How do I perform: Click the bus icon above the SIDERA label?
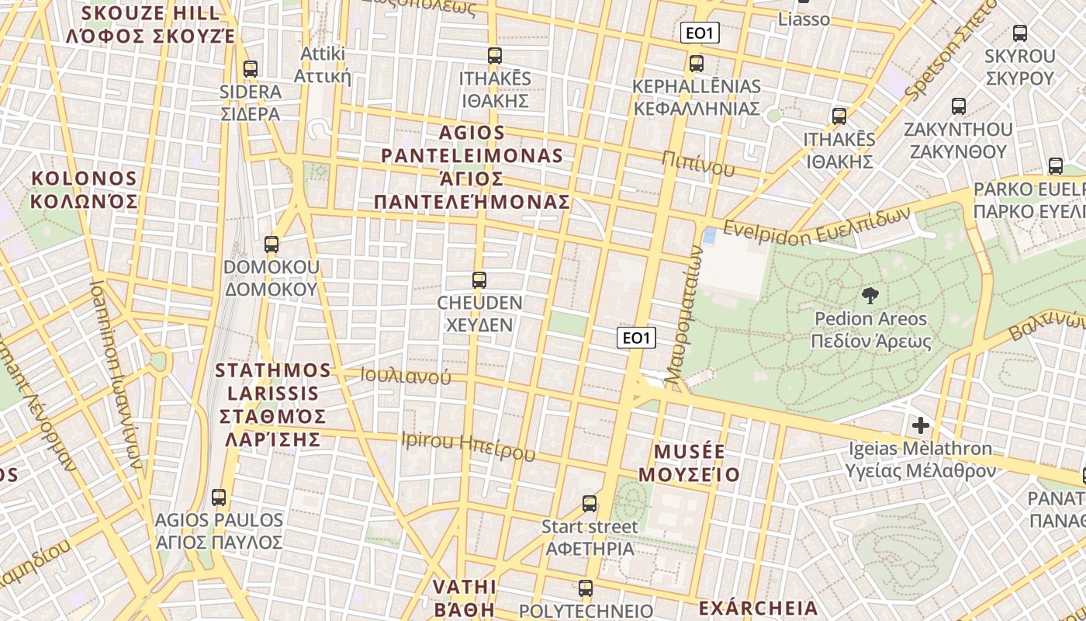250,68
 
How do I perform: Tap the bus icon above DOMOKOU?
271,244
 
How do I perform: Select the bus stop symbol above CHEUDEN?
479,279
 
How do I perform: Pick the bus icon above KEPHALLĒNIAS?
696,63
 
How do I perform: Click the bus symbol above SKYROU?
1019,33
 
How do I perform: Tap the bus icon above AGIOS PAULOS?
219,497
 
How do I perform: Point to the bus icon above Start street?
590,504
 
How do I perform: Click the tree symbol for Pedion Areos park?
870,295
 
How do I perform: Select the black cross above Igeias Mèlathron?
921,425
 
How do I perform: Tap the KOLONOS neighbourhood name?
84,190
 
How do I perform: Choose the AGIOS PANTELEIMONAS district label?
472,168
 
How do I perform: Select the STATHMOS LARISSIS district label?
272,404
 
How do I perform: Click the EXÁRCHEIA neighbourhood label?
758,608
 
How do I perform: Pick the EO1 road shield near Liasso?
700,33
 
